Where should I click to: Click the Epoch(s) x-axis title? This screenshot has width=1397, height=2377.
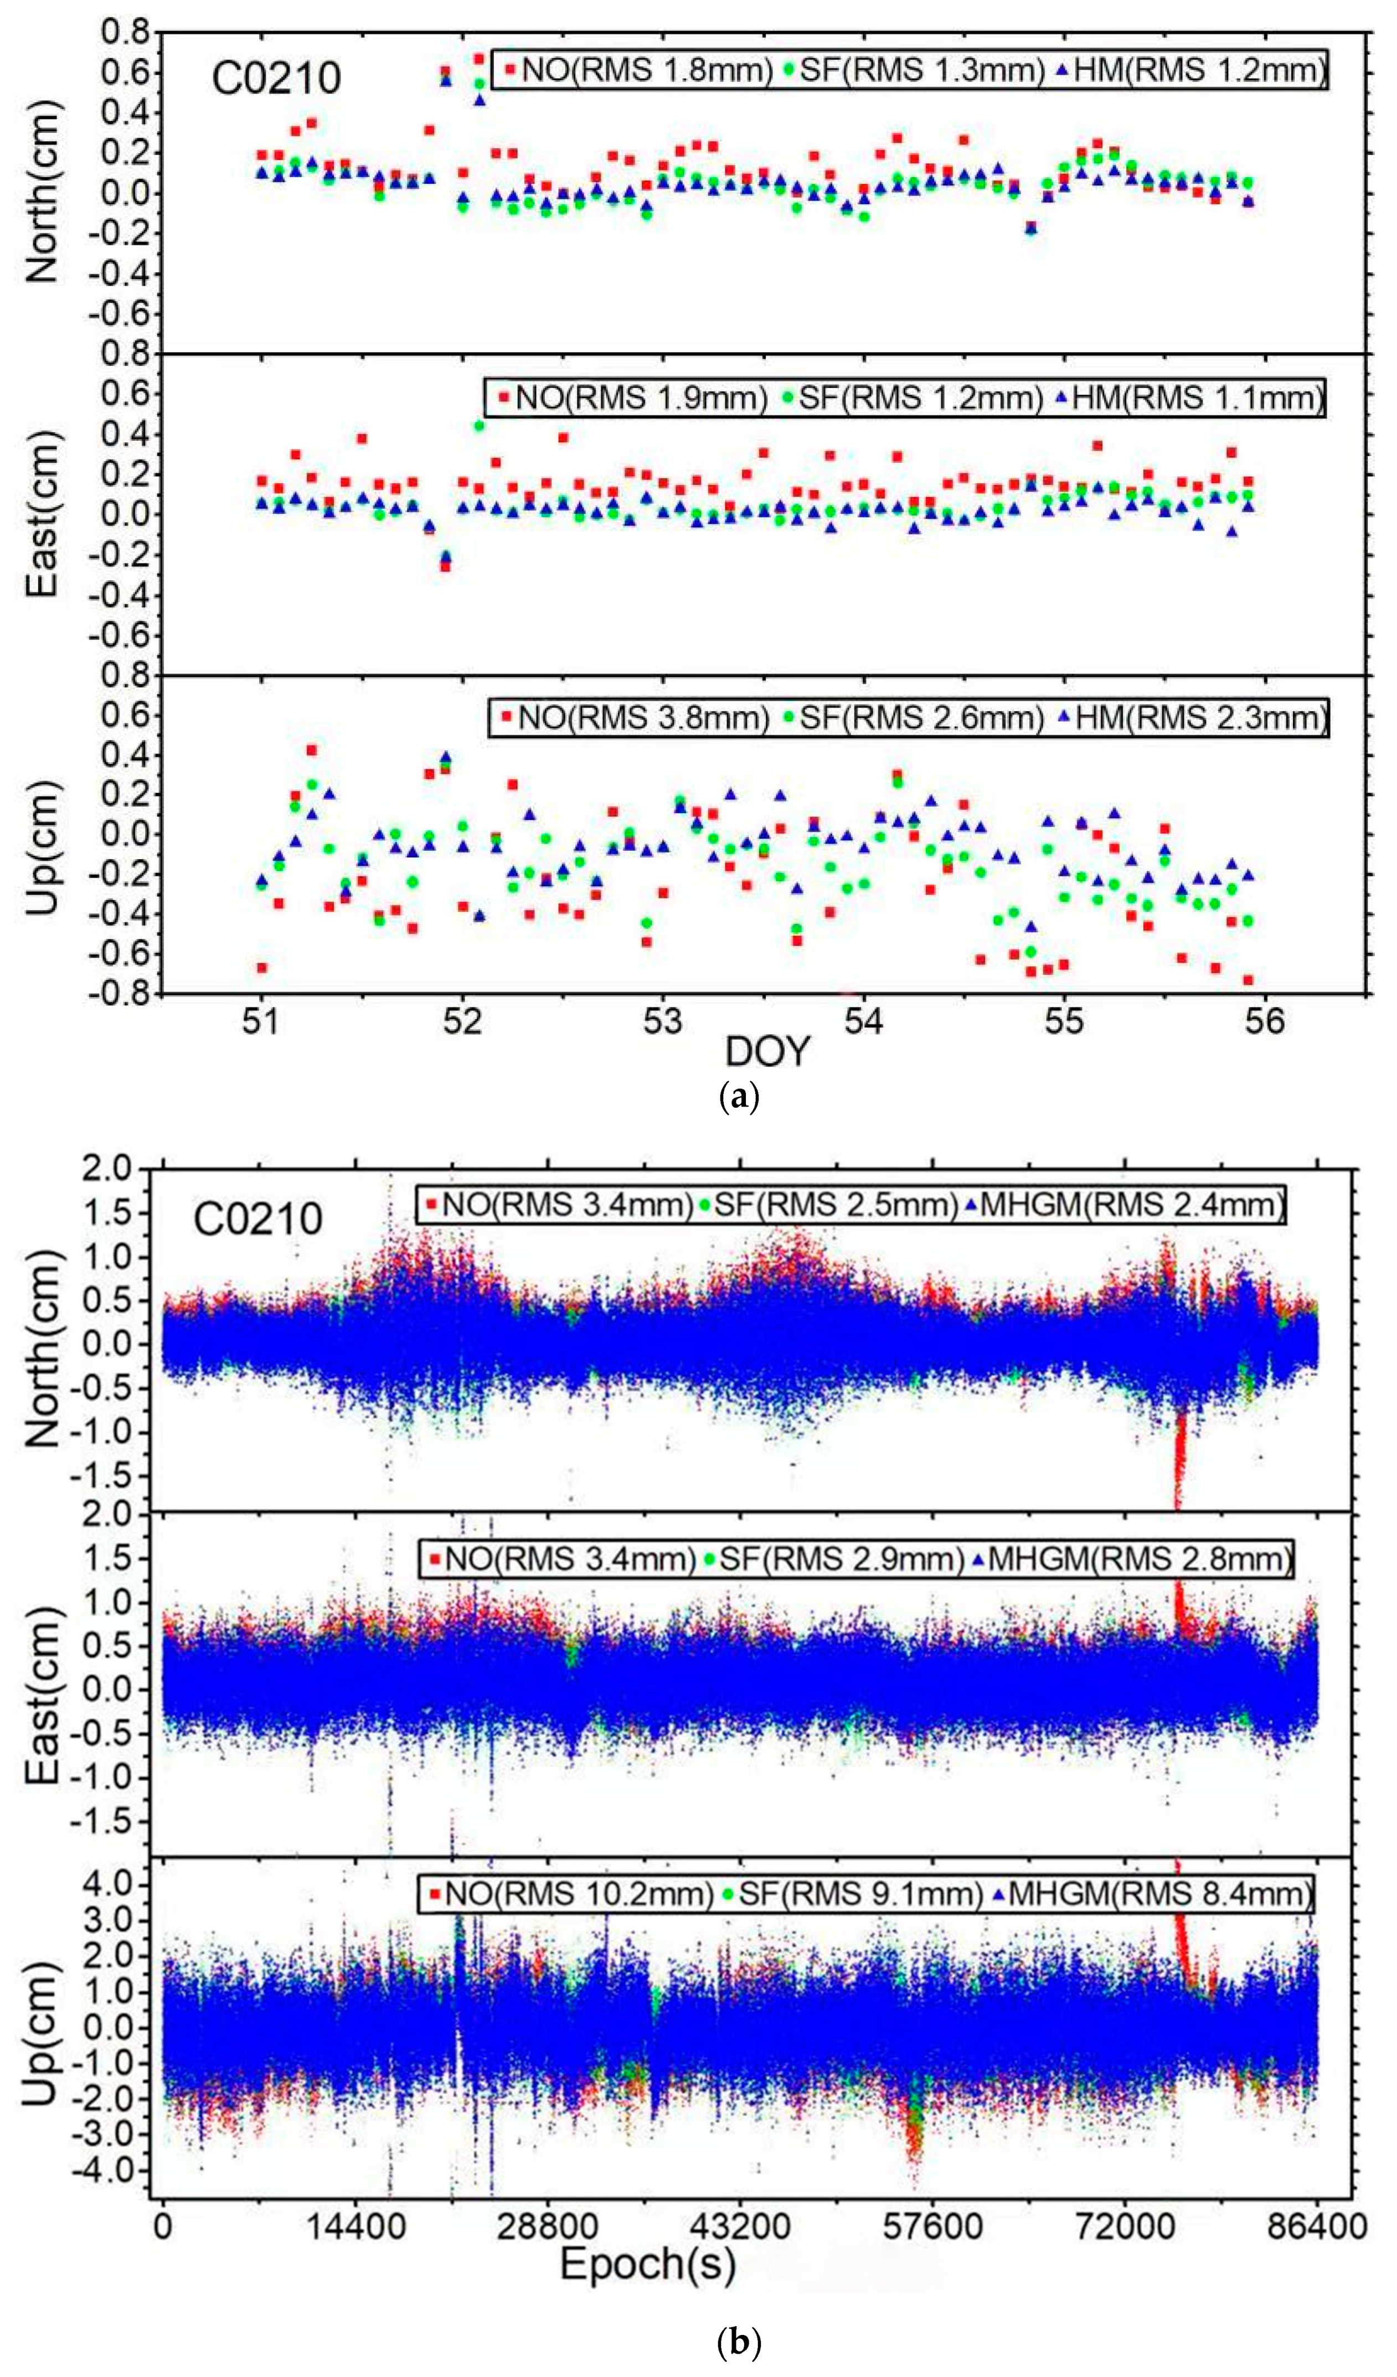(x=647, y=2265)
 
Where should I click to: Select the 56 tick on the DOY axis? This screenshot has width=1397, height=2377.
(x=1264, y=1021)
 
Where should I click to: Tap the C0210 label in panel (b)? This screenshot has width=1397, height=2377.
(x=257, y=1219)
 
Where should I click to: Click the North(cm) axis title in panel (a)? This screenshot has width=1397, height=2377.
(x=43, y=192)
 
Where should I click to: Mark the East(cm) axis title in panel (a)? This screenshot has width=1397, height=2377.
(x=43, y=514)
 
